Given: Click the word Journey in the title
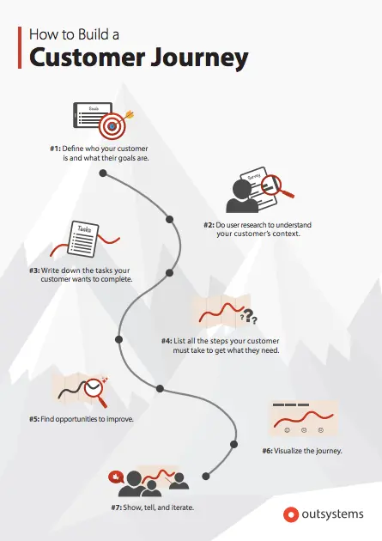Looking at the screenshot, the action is (x=200, y=58).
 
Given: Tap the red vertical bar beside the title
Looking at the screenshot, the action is (x=20, y=47).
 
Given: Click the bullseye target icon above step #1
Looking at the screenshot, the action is (x=112, y=126).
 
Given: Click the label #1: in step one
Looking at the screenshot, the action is (x=55, y=149).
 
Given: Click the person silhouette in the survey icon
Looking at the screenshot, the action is (x=242, y=196).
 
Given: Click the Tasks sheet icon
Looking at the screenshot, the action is (x=83, y=239).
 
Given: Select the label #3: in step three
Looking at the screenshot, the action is (x=34, y=270).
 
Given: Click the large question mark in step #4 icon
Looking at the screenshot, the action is (x=249, y=314).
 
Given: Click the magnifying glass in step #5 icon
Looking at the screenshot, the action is (x=96, y=392).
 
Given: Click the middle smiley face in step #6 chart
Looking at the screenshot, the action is (x=304, y=430).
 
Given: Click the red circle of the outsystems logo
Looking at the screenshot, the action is (x=291, y=514).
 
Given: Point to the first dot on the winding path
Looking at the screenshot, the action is (x=103, y=173).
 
